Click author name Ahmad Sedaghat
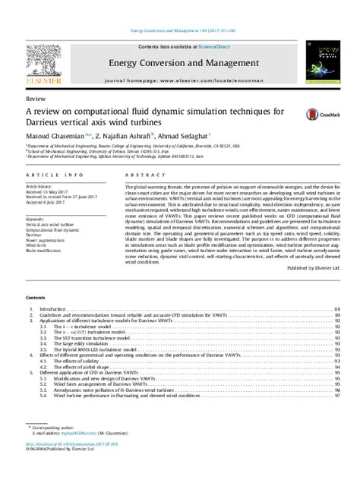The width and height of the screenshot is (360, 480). (163, 134)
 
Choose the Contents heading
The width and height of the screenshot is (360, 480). (35, 299)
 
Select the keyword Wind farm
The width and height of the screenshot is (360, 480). (36, 246)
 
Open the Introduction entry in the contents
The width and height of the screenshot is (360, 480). (53, 310)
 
